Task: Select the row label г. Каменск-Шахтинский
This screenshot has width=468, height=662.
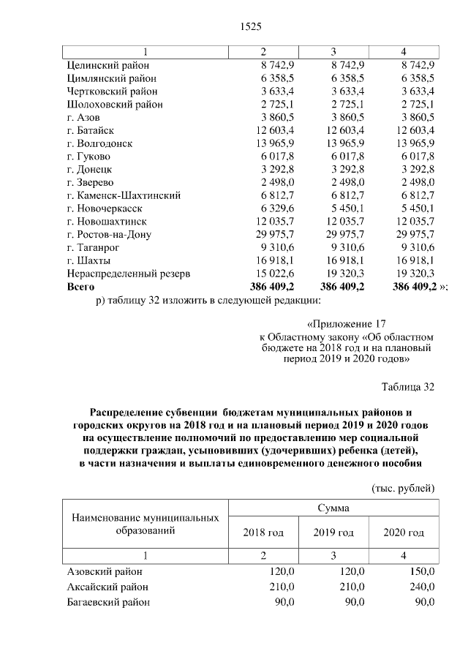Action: (x=123, y=195)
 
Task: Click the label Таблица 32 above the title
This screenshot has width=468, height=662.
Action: (x=409, y=386)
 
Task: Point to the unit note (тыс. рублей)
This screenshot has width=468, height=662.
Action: (x=404, y=487)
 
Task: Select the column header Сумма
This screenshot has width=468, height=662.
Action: (x=333, y=508)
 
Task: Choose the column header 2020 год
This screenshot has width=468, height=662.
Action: (x=404, y=533)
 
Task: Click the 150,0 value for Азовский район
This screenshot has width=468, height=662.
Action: (x=422, y=571)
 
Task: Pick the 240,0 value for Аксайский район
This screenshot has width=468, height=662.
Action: (x=422, y=587)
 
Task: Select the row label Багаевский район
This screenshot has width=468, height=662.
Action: (x=108, y=602)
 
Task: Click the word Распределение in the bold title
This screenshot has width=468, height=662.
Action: (x=129, y=413)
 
